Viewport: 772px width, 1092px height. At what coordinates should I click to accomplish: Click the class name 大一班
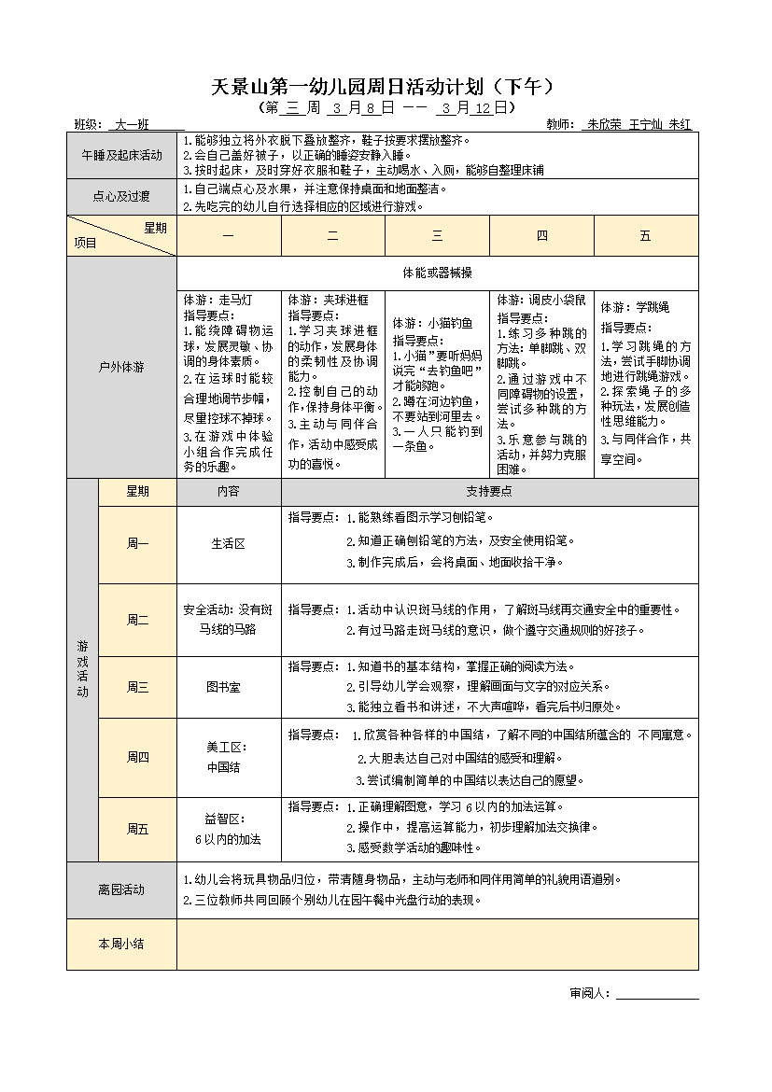tap(132, 124)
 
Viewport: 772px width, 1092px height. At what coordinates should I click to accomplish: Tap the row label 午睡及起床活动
tap(121, 155)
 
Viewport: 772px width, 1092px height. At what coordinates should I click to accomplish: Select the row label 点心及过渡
tap(121, 197)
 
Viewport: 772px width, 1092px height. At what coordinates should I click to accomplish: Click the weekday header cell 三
tap(438, 236)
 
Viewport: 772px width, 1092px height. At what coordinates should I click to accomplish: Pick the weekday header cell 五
tap(646, 236)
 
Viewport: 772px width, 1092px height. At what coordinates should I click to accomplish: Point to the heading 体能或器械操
tap(437, 273)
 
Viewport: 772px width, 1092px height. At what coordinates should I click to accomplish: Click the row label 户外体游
tap(121, 367)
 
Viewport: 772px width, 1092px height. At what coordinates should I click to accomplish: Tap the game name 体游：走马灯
tap(218, 301)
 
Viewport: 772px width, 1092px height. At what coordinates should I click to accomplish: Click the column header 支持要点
tap(489, 492)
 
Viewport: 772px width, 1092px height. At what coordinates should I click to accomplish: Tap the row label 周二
tap(137, 620)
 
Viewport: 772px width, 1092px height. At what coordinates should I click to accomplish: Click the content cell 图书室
tap(223, 687)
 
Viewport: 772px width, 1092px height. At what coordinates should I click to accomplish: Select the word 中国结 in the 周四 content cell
tap(223, 767)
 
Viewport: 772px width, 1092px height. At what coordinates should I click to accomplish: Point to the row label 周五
tap(137, 829)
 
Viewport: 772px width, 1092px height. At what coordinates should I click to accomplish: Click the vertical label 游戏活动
tap(83, 669)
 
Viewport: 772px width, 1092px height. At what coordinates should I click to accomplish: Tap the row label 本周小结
tap(121, 944)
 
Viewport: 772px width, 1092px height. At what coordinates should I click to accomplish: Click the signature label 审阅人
tap(589, 993)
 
